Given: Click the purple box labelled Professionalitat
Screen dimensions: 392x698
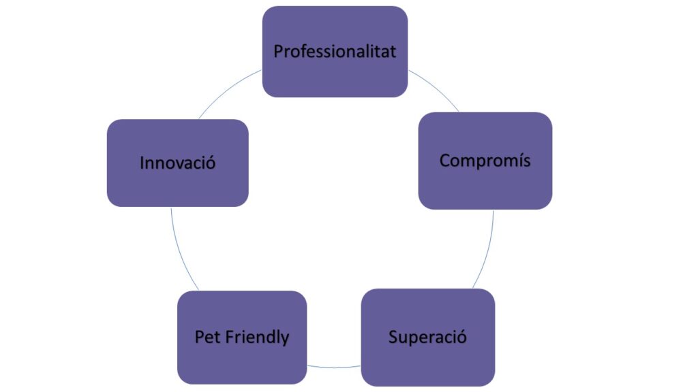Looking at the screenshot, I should (335, 75).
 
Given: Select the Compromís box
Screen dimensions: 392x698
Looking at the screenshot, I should (485, 184).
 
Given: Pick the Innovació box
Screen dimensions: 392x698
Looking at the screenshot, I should (177, 184).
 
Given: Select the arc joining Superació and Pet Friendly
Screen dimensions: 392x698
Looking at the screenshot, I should (334, 367).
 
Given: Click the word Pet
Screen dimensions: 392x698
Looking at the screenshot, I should (206, 337).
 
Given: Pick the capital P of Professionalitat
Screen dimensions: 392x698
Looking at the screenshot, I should (278, 52).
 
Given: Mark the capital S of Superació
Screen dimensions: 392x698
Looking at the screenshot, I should (393, 337).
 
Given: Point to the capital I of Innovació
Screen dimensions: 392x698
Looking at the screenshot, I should (142, 163).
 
